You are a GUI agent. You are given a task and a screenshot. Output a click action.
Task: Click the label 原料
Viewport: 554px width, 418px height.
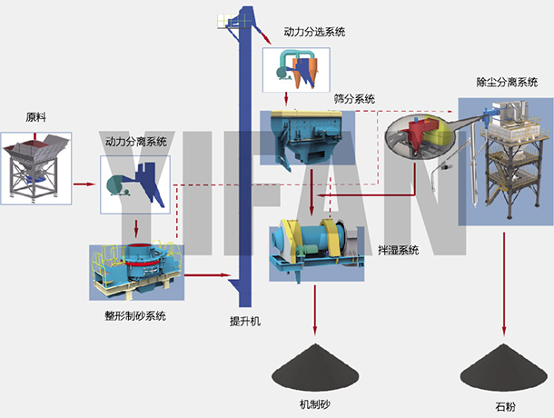(35, 117)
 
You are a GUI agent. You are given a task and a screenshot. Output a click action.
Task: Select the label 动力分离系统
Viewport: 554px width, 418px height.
(136, 142)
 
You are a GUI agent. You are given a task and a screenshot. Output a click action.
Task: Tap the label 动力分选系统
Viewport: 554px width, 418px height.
(314, 33)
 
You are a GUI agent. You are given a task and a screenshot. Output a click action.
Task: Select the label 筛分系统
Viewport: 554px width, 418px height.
(354, 98)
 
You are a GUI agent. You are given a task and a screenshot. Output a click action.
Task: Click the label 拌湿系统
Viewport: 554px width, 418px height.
(397, 249)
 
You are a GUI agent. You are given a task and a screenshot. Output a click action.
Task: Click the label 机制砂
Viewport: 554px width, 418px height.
(315, 403)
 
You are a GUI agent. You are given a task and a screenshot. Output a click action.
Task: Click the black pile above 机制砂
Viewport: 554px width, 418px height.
(315, 367)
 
